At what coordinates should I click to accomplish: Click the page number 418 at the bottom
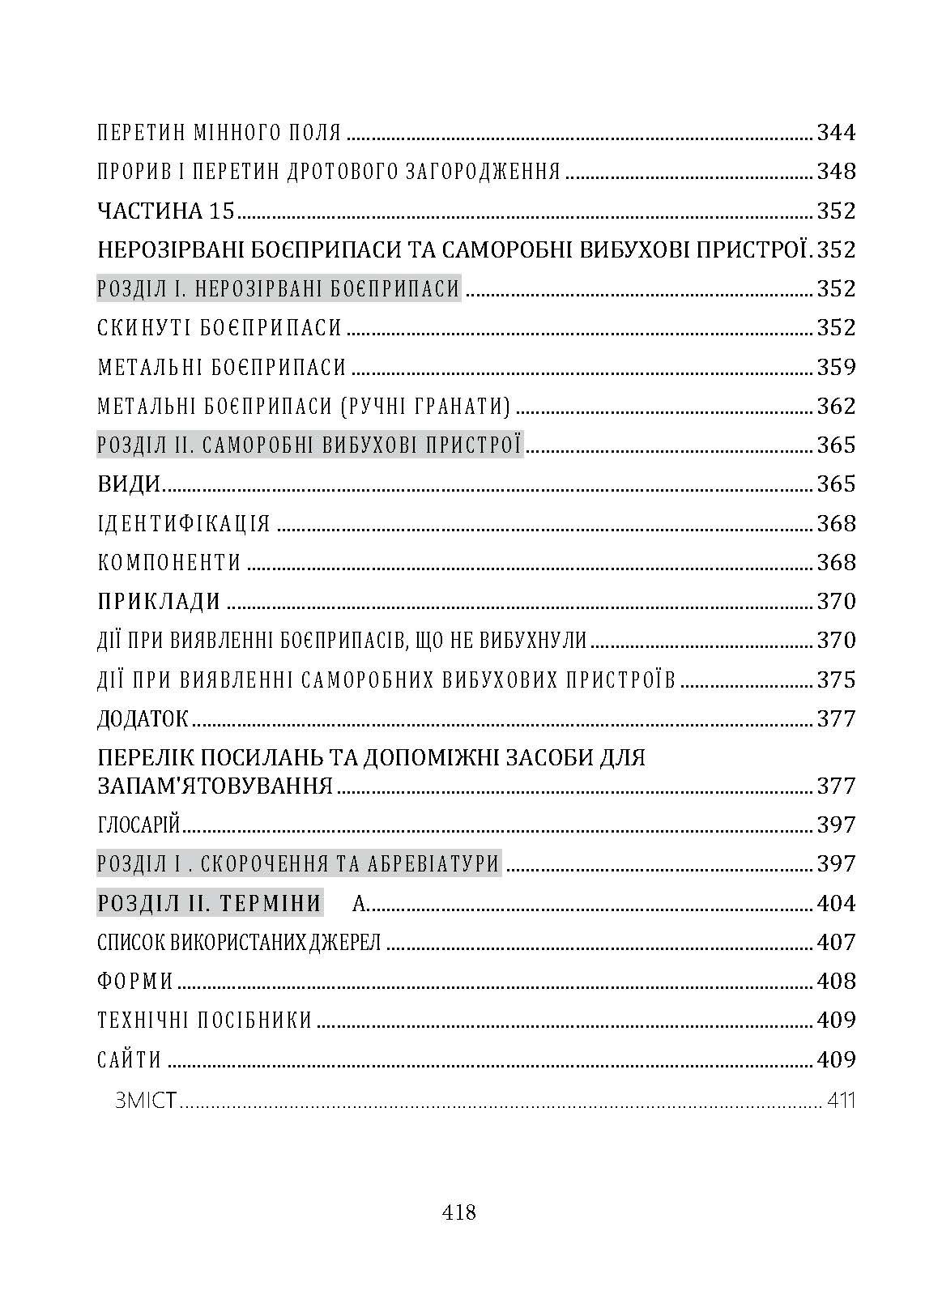(459, 1212)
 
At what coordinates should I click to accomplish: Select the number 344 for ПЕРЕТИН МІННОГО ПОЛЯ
(836, 133)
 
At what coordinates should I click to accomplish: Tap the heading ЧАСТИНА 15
(165, 211)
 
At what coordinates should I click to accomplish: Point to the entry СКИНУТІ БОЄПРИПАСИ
(220, 328)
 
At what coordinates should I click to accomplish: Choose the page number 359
(836, 367)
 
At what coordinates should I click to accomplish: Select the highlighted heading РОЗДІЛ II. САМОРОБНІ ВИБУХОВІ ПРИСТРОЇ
(309, 445)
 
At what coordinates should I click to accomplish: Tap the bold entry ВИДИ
(128, 484)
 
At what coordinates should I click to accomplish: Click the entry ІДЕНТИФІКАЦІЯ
(183, 523)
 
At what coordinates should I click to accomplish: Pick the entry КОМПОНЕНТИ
(169, 562)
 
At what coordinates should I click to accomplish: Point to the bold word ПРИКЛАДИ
(159, 602)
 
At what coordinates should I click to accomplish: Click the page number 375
(836, 680)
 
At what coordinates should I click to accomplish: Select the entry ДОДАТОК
(143, 718)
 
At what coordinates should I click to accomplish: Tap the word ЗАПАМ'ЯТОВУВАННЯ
(215, 786)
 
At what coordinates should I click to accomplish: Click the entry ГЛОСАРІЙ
(138, 824)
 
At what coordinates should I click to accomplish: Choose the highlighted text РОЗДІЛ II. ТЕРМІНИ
(209, 903)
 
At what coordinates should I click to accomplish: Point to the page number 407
(836, 942)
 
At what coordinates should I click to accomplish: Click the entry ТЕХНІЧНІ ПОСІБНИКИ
(204, 1020)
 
